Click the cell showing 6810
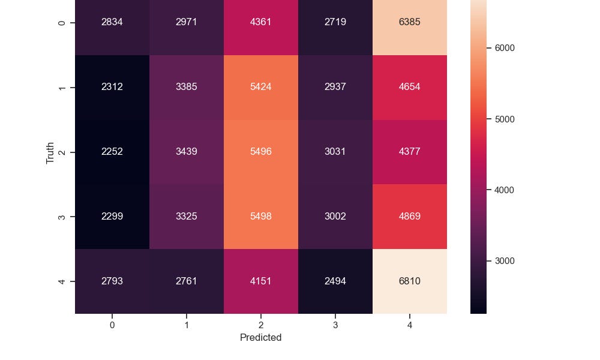click(x=409, y=281)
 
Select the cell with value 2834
click(x=112, y=23)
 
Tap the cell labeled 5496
click(x=260, y=152)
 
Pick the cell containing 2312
click(x=112, y=87)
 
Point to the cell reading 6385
click(x=409, y=23)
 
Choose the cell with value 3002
click(x=335, y=216)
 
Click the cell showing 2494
click(x=335, y=281)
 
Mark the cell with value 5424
click(x=260, y=87)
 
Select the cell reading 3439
click(x=187, y=152)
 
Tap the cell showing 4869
click(x=409, y=216)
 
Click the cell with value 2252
click(x=112, y=152)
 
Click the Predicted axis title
click(x=260, y=338)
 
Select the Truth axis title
click(x=51, y=152)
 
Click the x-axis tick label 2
click(x=260, y=325)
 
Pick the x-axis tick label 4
click(x=409, y=325)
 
